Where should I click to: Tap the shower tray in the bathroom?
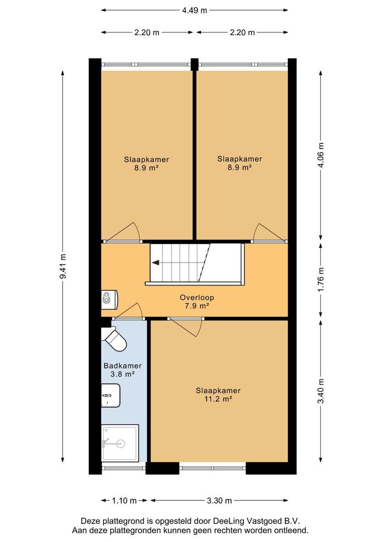point(120,443)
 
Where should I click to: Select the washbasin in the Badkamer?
point(110,395)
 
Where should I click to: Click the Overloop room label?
point(197,297)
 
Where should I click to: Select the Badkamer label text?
point(123,366)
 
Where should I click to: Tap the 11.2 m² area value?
point(218,399)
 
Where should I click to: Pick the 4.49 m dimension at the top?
point(195,11)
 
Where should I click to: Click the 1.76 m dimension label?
point(321,280)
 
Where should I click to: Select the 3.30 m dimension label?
point(219,500)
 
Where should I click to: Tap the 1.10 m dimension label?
point(124,500)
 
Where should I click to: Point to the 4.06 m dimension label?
point(321,155)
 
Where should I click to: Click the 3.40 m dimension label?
point(321,391)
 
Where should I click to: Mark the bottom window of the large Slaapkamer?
point(213,468)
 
